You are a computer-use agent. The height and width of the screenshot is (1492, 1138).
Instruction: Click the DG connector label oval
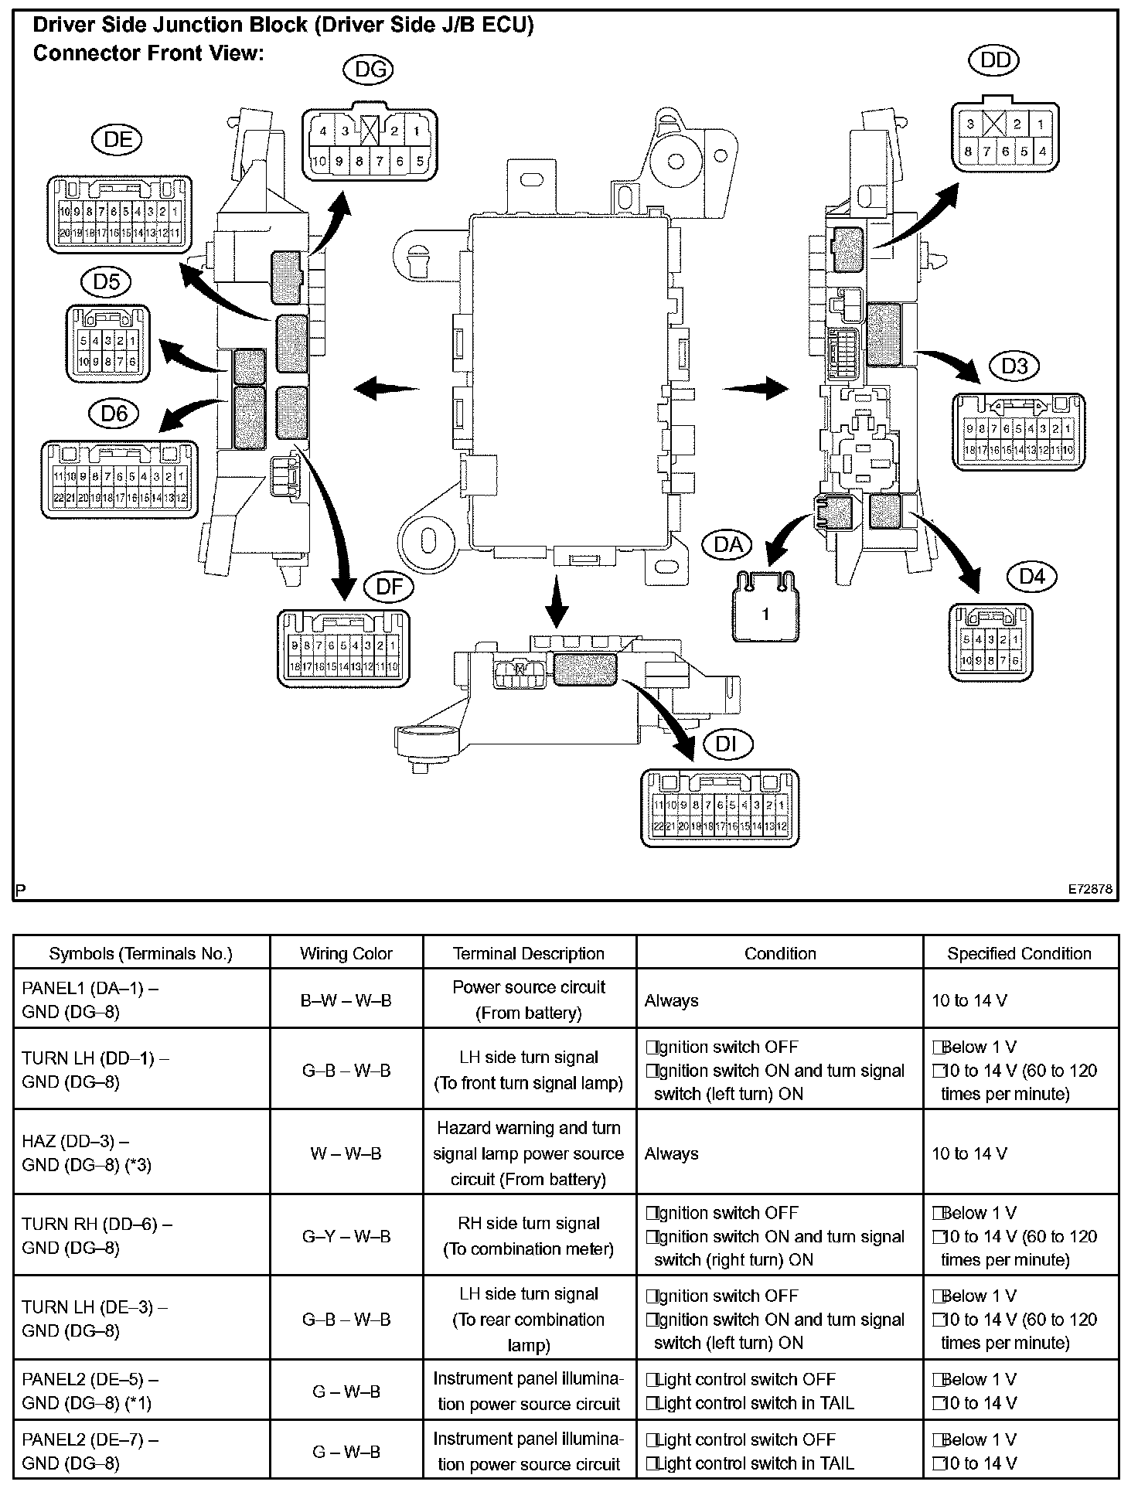(x=368, y=70)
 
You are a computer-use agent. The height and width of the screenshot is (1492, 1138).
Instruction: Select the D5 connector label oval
(x=107, y=281)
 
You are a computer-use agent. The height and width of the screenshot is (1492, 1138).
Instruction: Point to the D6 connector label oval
(x=114, y=414)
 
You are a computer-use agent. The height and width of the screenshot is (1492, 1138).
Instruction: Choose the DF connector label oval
(x=389, y=587)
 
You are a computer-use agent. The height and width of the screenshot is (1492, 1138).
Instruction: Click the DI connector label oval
(x=727, y=744)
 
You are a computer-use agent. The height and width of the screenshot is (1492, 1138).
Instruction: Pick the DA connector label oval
(x=727, y=545)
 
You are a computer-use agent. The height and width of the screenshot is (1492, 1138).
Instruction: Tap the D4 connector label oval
(x=1032, y=576)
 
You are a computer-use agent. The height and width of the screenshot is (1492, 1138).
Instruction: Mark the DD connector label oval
(x=994, y=60)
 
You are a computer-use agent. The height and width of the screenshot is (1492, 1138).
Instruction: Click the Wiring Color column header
(x=346, y=954)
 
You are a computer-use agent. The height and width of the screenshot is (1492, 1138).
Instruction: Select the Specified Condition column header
(x=1019, y=954)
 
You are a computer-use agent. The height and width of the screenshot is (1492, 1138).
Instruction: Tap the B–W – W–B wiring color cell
(x=346, y=1000)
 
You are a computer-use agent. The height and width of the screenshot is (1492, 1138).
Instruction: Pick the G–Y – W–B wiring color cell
(x=346, y=1236)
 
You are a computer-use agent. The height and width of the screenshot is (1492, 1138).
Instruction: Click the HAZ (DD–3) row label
(x=87, y=1153)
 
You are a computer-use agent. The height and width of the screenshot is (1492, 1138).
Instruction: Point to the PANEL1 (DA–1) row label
(x=90, y=1000)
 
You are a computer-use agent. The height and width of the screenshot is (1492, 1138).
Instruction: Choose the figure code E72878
(x=1090, y=889)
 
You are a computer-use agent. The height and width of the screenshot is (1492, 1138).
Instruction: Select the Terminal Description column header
(x=529, y=954)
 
